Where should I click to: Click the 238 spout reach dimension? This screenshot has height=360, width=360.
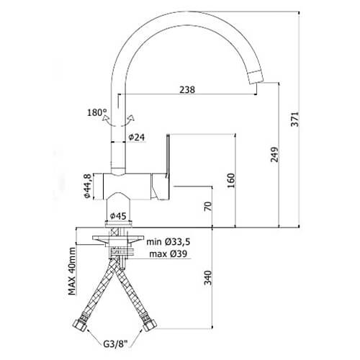point(187,89)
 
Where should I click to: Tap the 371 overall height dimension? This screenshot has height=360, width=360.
point(294,119)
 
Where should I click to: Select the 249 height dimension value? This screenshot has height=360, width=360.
point(274,155)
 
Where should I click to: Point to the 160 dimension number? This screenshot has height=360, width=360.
point(230,181)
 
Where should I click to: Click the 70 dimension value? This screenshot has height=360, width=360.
point(208,206)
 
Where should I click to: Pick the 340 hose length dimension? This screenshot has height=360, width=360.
point(208,278)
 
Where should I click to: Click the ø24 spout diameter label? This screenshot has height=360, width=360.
point(137,138)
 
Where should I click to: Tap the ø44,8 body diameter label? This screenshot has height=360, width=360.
point(87,186)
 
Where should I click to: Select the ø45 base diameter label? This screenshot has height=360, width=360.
point(118,216)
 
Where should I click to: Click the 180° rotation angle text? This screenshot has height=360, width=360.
point(96,112)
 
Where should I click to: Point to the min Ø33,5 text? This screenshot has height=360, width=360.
point(168,242)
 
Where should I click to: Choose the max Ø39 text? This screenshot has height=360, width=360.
point(168,253)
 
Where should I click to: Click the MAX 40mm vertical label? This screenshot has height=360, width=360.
point(72,271)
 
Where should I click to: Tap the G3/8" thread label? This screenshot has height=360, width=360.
point(114,344)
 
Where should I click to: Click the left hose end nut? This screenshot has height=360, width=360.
point(79,325)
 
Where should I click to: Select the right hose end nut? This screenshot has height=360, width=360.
point(150,325)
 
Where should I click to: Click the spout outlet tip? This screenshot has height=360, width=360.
point(256,77)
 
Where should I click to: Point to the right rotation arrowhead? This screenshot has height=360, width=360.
point(131,118)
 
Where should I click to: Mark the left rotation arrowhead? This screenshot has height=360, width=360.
point(105,118)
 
